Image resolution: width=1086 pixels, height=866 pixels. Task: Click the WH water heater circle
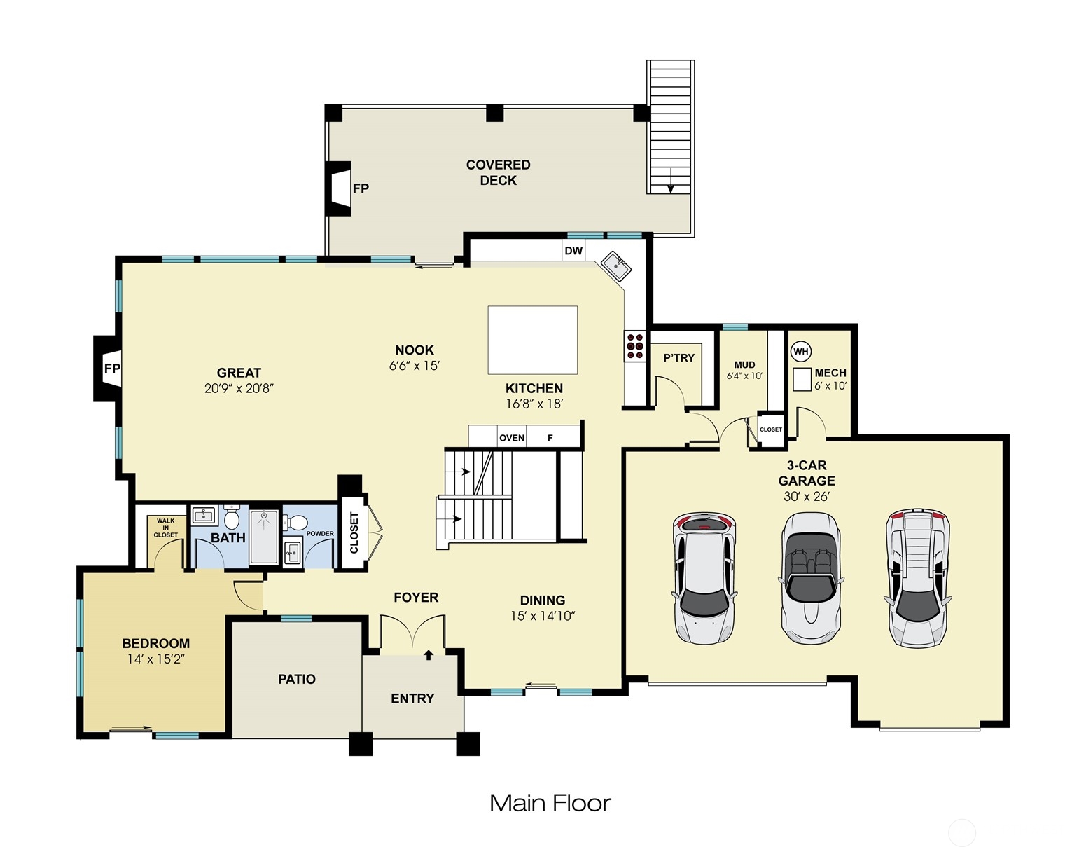801,352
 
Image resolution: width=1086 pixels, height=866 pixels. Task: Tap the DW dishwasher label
573,250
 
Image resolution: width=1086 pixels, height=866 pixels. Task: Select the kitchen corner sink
616,266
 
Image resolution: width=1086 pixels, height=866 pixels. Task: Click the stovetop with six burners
635,346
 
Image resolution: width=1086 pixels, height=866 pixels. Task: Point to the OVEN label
512,438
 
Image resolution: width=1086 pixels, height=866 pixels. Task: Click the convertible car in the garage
810,579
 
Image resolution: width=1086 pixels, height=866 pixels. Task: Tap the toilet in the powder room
295,523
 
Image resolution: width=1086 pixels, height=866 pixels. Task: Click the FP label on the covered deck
361,188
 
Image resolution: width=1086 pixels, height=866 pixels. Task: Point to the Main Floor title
550,804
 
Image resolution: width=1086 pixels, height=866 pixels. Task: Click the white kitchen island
532,340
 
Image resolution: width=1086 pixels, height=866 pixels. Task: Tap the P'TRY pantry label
678,357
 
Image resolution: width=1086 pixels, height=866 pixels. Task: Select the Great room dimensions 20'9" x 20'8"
239,388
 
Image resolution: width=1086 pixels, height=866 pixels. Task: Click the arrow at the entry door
429,655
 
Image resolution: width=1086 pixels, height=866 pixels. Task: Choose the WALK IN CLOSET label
165,528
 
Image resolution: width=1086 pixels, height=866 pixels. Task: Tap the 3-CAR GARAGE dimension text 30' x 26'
807,496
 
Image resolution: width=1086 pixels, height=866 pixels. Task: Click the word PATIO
297,679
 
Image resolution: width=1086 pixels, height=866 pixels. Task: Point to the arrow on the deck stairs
671,181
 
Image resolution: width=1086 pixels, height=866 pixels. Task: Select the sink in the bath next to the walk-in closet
204,516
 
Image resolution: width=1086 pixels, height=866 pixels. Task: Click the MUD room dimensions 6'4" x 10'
744,376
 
